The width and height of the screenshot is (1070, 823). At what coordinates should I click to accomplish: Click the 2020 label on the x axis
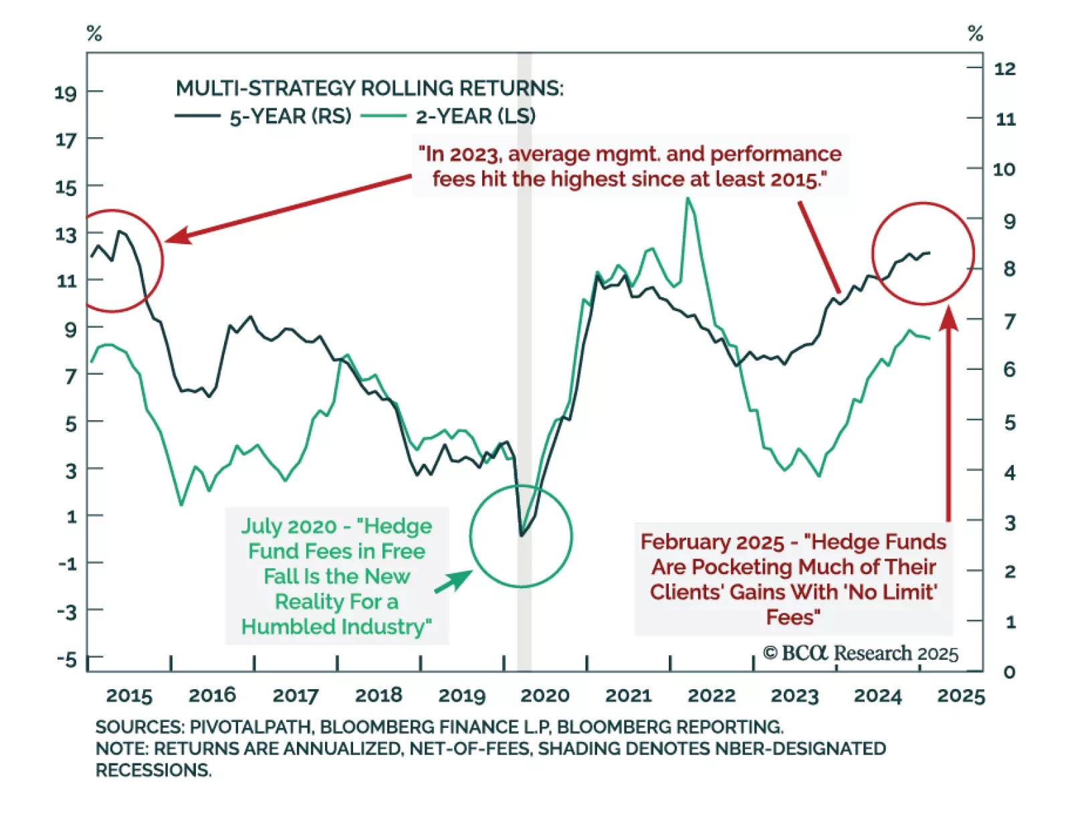[x=544, y=695]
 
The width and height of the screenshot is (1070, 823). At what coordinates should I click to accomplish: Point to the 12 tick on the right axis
[x=1005, y=68]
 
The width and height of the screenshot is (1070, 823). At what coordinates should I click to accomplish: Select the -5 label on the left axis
[x=67, y=660]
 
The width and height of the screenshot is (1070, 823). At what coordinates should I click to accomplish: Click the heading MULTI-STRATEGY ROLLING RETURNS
[x=369, y=88]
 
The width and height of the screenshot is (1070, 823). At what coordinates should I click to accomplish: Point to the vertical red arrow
[x=948, y=415]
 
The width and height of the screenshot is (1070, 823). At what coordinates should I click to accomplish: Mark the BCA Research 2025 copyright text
[x=861, y=653]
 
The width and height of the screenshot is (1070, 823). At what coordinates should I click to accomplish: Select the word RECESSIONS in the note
[x=153, y=770]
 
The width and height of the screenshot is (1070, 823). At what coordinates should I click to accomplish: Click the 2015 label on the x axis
[x=129, y=695]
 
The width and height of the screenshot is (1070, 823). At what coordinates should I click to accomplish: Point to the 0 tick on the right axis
[x=1009, y=672]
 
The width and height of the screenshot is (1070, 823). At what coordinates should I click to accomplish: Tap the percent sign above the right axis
[x=975, y=33]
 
